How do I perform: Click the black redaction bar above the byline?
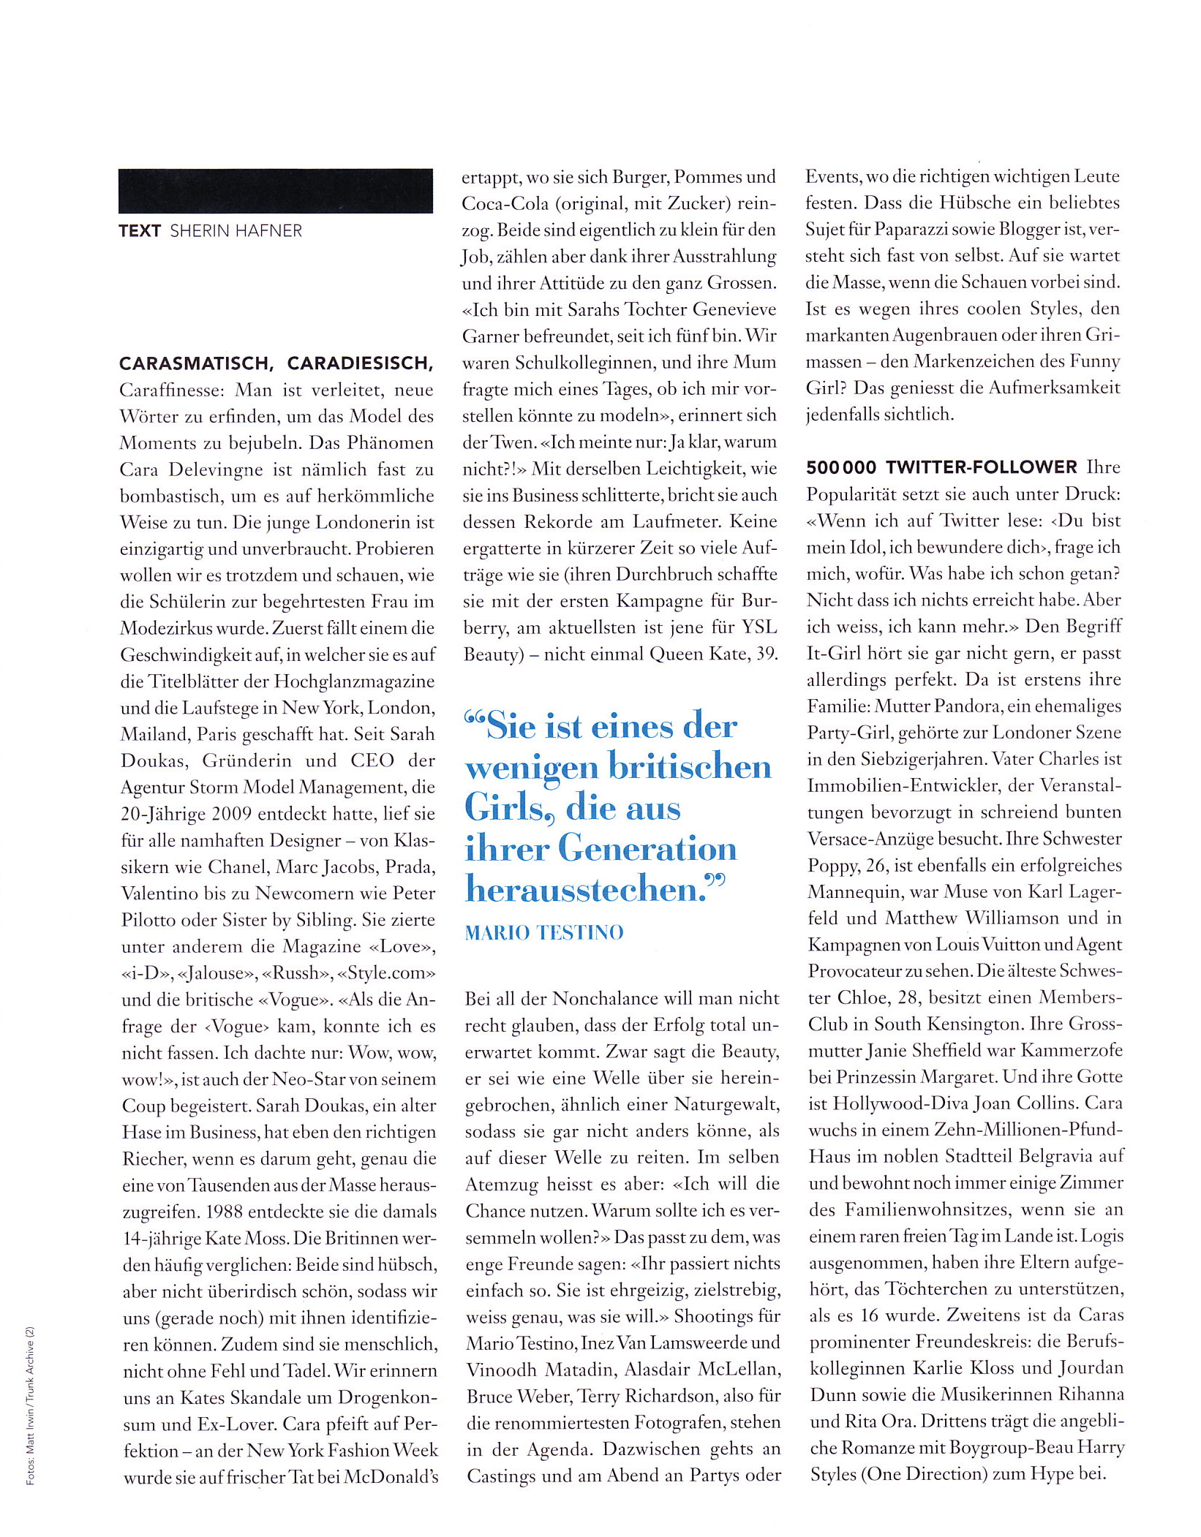coord(275,191)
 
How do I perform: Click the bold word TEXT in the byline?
coord(139,231)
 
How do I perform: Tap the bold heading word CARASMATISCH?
coord(196,363)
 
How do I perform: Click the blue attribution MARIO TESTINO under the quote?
coord(544,932)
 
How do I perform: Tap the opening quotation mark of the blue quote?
coord(475,720)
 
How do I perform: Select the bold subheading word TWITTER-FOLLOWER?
coord(982,467)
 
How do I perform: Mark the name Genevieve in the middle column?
coord(734,309)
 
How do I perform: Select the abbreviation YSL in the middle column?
coord(759,627)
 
